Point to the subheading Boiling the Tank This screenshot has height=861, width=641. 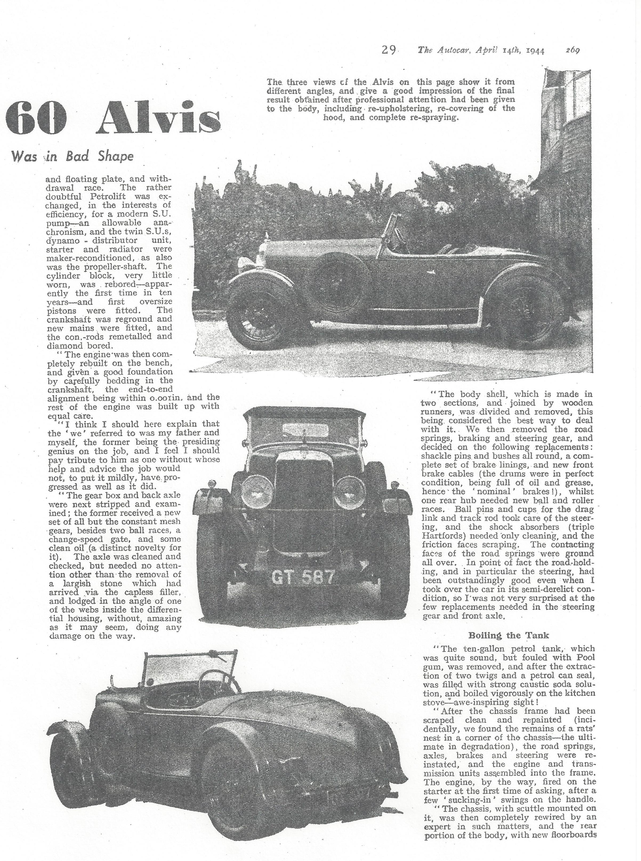[x=509, y=635]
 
